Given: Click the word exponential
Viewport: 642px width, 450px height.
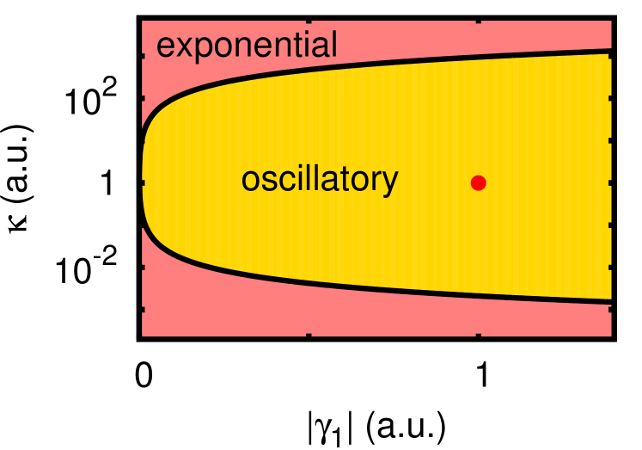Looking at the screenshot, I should [x=247, y=46].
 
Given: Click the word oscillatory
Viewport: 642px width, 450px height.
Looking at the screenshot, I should [x=319, y=180].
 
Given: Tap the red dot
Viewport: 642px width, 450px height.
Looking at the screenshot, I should [x=479, y=182].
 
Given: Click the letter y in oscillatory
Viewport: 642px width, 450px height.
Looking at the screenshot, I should [x=391, y=183].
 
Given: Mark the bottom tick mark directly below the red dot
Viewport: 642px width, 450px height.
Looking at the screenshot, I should [x=476, y=332].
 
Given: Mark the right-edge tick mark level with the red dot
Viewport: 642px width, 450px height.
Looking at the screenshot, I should [x=608, y=182].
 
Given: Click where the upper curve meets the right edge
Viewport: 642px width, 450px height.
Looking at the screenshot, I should [x=609, y=52].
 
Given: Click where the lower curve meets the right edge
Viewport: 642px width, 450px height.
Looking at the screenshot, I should [x=609, y=299].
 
